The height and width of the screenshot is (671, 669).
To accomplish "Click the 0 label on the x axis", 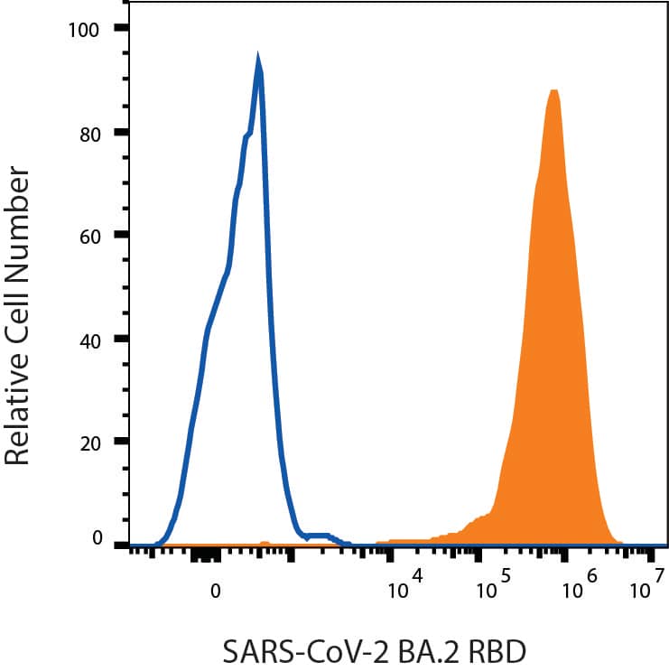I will click(215, 592).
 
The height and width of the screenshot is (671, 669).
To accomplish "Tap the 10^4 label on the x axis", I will click(404, 588).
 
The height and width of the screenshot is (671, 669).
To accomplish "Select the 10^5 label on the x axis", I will click(493, 588).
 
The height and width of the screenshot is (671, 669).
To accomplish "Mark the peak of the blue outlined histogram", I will click(258, 63).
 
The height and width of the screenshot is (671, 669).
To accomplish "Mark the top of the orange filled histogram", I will click(553, 91).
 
